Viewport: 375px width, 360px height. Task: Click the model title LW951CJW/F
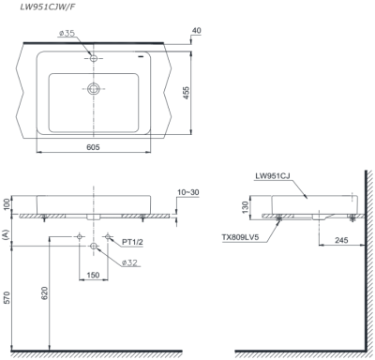point(47,7)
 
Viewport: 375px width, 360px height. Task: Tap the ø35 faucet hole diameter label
point(67,33)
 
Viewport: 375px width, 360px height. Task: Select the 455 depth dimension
point(186,93)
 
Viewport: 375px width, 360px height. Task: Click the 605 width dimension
point(93,146)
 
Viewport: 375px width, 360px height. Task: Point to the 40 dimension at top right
point(197,31)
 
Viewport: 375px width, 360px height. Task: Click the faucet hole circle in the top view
point(94,58)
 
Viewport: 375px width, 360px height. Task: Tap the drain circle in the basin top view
point(94,88)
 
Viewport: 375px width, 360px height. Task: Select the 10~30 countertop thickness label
point(188,192)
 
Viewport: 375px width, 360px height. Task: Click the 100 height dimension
point(7,204)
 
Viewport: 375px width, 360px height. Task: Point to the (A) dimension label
point(6,234)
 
